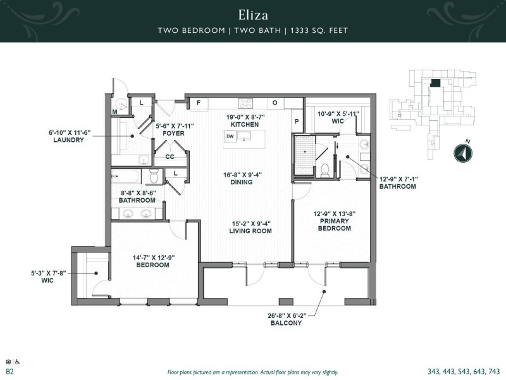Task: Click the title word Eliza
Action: coord(252,13)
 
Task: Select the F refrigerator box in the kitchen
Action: coord(198,103)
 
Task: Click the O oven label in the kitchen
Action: coord(275,103)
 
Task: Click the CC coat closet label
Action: coord(170,156)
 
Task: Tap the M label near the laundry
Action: coord(115,112)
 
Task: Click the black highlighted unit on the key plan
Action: coord(436,83)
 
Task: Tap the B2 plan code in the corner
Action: coord(9,371)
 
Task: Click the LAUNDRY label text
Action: coord(68,140)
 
